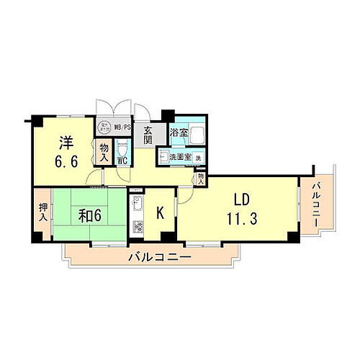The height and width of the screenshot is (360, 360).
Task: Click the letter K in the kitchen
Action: [162, 212]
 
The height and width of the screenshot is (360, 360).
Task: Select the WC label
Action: [123, 161]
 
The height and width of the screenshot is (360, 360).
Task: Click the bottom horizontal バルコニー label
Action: [159, 256]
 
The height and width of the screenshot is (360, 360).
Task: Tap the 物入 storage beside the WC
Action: [104, 153]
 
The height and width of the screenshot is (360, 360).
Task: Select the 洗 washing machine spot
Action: [198, 158]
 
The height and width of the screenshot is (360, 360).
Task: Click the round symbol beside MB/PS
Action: [106, 124]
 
